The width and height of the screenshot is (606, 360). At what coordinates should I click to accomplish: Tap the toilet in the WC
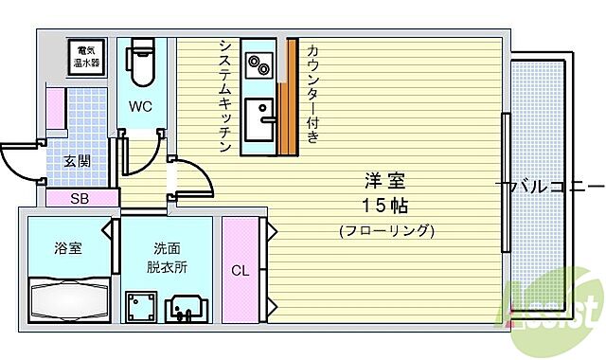coord(142,62)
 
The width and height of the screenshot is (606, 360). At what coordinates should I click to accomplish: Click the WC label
coord(142,105)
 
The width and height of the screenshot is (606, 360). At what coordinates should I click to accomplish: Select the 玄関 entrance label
coord(78,161)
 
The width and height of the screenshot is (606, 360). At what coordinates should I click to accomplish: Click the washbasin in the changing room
coord(188,308)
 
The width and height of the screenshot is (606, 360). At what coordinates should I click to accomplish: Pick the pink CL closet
coord(241,270)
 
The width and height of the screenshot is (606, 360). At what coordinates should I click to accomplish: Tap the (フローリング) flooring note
coord(386,230)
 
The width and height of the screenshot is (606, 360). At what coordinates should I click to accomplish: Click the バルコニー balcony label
coord(554,186)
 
